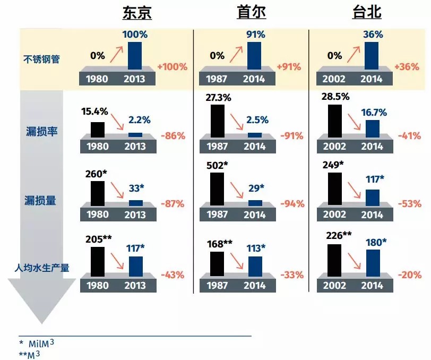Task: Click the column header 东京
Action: click(x=137, y=13)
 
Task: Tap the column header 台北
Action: click(x=367, y=13)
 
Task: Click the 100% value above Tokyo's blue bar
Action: click(x=136, y=34)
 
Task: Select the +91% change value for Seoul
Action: click(x=289, y=67)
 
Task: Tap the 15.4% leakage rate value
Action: click(x=95, y=112)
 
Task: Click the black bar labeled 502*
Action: click(x=217, y=189)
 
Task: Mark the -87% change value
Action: click(x=172, y=203)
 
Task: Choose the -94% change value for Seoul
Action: click(x=291, y=203)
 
